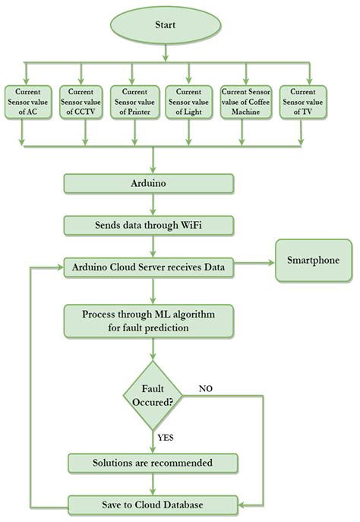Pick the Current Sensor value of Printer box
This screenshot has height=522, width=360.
click(x=132, y=102)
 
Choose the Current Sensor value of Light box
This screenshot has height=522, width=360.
click(x=188, y=102)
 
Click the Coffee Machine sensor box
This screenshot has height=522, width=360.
click(x=243, y=102)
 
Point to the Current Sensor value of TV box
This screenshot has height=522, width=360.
click(x=297, y=102)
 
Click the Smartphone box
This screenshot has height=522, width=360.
click(x=311, y=259)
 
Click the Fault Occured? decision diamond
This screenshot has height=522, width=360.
click(x=154, y=395)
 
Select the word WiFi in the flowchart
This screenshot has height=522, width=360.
click(x=210, y=225)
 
